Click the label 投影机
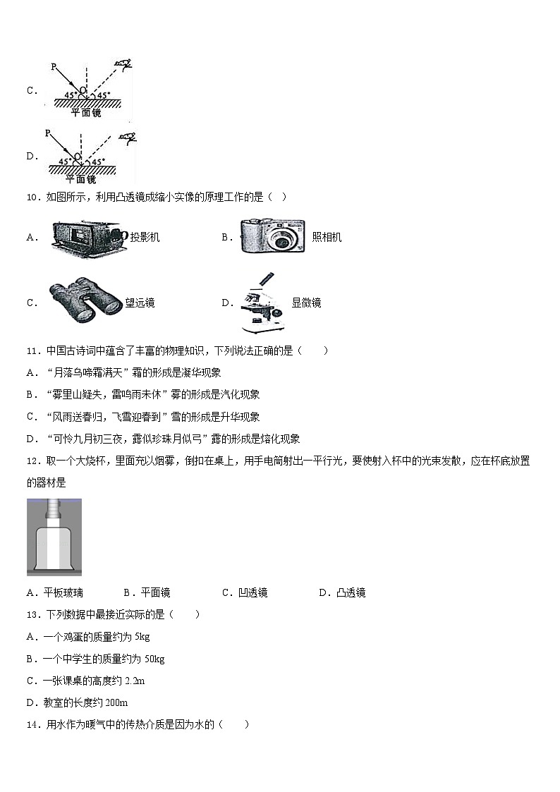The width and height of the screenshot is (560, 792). click(145, 238)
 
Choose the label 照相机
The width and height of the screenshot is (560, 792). click(327, 238)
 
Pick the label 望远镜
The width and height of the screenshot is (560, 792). click(140, 303)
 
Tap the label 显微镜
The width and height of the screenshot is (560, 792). click(306, 303)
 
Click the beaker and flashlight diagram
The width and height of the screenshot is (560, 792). click(54, 536)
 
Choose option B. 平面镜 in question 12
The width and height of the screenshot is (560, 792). click(147, 593)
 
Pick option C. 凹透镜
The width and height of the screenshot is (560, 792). click(245, 593)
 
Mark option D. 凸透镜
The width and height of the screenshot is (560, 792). click(342, 593)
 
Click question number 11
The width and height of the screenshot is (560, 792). click(32, 351)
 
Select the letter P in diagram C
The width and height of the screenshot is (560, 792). click(54, 66)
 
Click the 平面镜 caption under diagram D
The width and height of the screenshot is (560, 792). click(86, 178)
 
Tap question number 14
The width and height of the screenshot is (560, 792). click(32, 724)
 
